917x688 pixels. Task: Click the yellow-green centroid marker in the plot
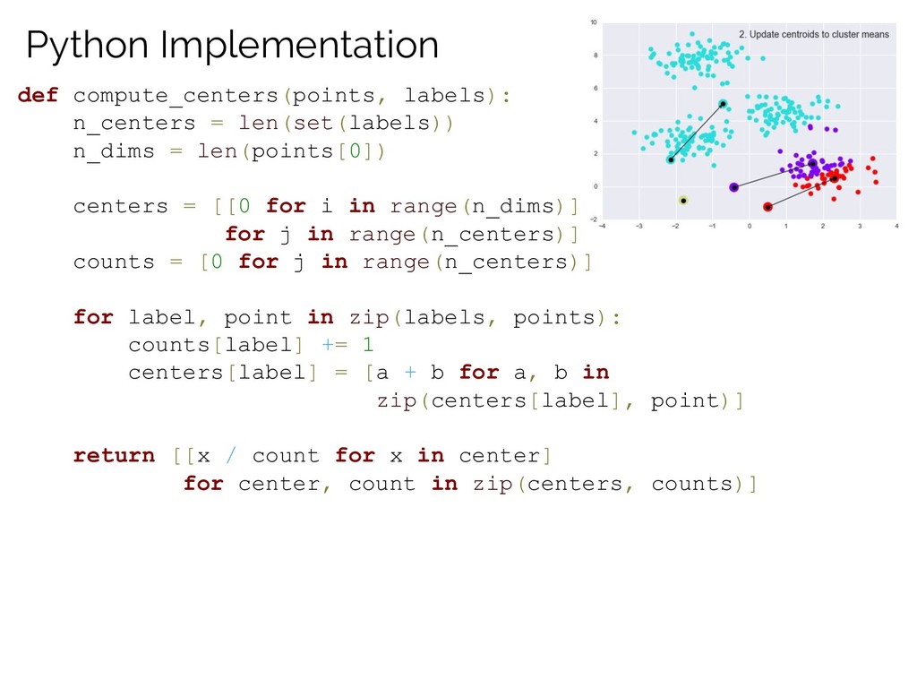[683, 201]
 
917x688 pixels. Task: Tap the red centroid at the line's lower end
[767, 207]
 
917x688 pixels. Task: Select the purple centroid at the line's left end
[734, 187]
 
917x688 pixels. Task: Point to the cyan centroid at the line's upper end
[723, 104]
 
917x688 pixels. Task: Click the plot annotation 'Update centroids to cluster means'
[819, 35]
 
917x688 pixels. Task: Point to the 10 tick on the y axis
[594, 22]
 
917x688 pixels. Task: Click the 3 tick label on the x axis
[860, 226]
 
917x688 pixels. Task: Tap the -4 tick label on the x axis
[603, 226]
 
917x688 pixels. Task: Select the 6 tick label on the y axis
[596, 89]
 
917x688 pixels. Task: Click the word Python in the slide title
[87, 46]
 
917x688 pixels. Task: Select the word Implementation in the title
[299, 46]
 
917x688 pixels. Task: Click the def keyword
[38, 95]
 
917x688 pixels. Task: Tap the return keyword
[115, 455]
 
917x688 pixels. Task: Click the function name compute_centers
[176, 96]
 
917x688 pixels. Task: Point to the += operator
[335, 345]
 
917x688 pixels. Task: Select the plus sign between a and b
[410, 372]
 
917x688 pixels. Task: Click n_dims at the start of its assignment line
[114, 151]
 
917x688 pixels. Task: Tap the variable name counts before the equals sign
[114, 262]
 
